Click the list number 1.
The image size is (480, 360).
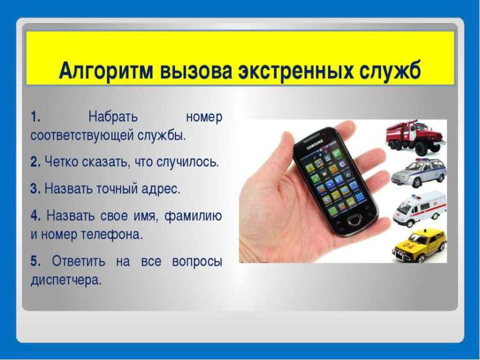click(x=35, y=117)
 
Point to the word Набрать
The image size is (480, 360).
click(x=113, y=117)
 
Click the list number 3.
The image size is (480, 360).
click(x=35, y=189)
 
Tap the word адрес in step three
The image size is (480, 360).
click(x=161, y=189)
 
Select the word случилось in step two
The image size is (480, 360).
click(x=187, y=162)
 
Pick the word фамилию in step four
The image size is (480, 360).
click(x=193, y=216)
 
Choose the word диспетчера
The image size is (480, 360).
click(x=66, y=280)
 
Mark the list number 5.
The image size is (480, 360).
click(x=35, y=261)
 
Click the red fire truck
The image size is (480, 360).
click(x=416, y=137)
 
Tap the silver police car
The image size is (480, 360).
click(x=419, y=172)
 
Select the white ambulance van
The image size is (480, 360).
click(x=419, y=207)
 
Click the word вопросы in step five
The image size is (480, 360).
click(x=197, y=262)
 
